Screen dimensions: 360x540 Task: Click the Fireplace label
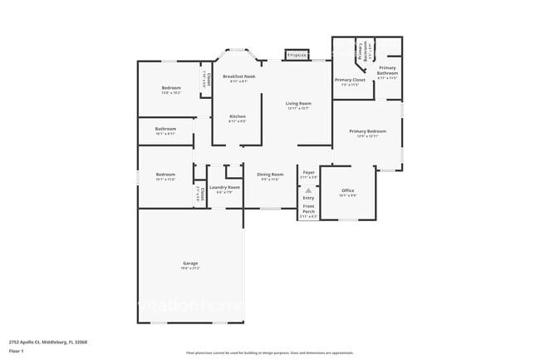pyautogui.click(x=297, y=55)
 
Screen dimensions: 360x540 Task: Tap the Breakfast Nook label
pyautogui.click(x=238, y=76)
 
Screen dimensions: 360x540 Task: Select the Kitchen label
pyautogui.click(x=238, y=116)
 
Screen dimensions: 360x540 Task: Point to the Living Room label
pyautogui.click(x=298, y=104)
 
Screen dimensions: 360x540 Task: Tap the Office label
pyautogui.click(x=348, y=191)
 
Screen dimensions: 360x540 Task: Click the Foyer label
pyautogui.click(x=308, y=172)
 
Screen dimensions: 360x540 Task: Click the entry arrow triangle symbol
pyautogui.click(x=308, y=190)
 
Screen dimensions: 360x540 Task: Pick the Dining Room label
pyautogui.click(x=271, y=175)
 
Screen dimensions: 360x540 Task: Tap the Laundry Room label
pyautogui.click(x=224, y=188)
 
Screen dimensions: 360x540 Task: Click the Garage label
pyautogui.click(x=190, y=264)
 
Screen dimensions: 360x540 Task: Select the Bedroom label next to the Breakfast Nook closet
pyautogui.click(x=171, y=88)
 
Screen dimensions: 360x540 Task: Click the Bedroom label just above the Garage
pyautogui.click(x=165, y=175)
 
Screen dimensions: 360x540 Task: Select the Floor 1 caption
pyautogui.click(x=17, y=352)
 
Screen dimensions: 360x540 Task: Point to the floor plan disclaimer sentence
pyautogui.click(x=269, y=353)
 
